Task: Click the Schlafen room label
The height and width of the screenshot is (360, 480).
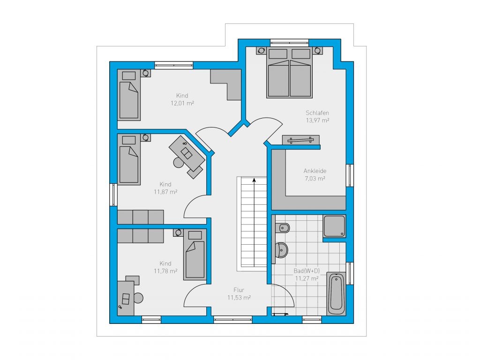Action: pyautogui.click(x=317, y=112)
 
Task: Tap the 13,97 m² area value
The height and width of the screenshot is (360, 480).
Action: pyautogui.click(x=317, y=120)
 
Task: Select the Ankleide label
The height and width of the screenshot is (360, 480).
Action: pyautogui.click(x=315, y=171)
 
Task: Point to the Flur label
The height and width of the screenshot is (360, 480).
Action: pyautogui.click(x=239, y=290)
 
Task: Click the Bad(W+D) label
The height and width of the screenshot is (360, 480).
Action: pyautogui.click(x=307, y=270)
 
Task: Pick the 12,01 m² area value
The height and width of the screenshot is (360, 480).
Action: pyautogui.click(x=182, y=103)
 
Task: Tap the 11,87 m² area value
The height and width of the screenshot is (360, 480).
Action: pyautogui.click(x=165, y=192)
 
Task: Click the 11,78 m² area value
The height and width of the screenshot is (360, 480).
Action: pyautogui.click(x=165, y=271)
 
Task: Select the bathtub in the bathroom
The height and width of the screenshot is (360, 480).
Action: pyautogui.click(x=336, y=293)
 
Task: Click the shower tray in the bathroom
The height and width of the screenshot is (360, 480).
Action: pyautogui.click(x=335, y=226)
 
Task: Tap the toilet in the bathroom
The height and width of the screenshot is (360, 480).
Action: pyautogui.click(x=282, y=228)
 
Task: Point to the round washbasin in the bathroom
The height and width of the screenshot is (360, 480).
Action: pyautogui.click(x=281, y=250)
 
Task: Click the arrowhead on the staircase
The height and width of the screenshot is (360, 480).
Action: pyautogui.click(x=254, y=180)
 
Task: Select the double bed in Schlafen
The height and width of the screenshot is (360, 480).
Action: pyautogui.click(x=289, y=73)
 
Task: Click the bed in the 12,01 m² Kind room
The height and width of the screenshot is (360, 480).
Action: pyautogui.click(x=129, y=95)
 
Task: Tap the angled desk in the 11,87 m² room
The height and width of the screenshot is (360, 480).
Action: pyautogui.click(x=187, y=153)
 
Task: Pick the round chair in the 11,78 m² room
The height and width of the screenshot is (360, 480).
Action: pyautogui.click(x=138, y=298)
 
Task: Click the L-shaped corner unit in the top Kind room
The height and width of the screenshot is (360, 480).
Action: pyautogui.click(x=225, y=84)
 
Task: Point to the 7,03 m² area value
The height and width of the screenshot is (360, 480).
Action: pyautogui.click(x=315, y=179)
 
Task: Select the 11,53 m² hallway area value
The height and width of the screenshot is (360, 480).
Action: pyautogui.click(x=239, y=298)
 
